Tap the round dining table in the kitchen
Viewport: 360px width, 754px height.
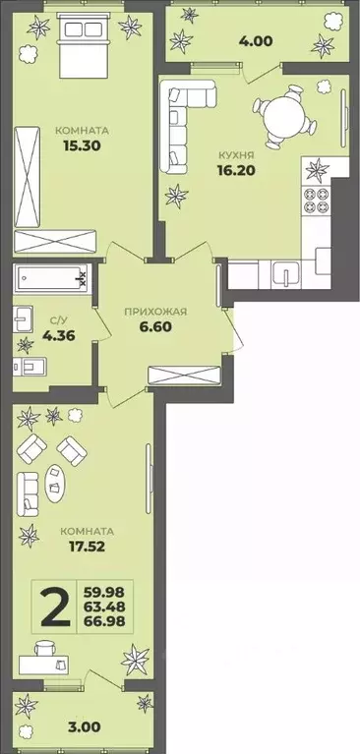[282, 115]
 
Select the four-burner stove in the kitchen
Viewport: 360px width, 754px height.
[317, 200]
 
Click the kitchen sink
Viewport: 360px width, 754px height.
[286, 274]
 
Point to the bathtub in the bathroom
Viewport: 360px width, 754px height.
[50, 277]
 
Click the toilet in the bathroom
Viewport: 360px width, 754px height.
[29, 368]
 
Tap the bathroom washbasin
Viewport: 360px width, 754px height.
[23, 319]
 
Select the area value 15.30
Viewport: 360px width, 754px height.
[82, 145]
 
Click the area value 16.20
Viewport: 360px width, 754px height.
[235, 170]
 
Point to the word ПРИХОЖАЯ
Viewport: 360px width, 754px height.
[155, 312]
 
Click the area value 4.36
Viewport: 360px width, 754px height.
[59, 336]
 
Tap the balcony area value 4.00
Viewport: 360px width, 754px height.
[256, 41]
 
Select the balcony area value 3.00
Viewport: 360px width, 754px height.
[85, 726]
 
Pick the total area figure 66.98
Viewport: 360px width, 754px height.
[104, 621]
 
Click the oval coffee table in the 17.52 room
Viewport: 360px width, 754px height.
[56, 484]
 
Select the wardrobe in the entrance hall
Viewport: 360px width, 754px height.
[185, 376]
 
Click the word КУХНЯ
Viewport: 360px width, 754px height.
[235, 155]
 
